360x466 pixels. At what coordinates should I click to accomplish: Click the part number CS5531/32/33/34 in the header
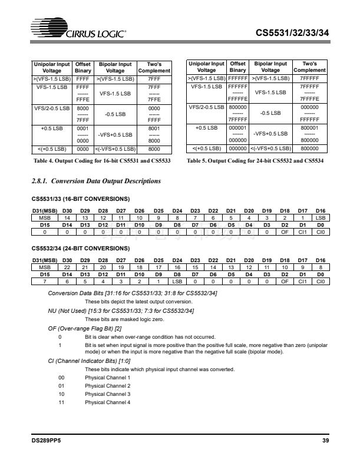pos(291,33)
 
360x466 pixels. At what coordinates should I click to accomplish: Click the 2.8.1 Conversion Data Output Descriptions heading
pos(95,181)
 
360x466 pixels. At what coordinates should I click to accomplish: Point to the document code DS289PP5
pos(47,440)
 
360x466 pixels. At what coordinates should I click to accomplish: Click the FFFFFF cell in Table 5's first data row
pos(238,78)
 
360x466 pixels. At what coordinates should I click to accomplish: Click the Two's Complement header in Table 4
pos(154,67)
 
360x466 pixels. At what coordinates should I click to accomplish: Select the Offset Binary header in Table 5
pos(238,67)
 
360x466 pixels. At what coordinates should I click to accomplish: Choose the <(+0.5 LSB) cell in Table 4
pos(52,148)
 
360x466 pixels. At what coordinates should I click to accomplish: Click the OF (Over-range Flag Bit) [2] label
pos(85,328)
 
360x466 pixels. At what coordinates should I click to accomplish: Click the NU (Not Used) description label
pos(121,310)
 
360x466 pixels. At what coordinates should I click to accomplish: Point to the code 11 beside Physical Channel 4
pos(62,402)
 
